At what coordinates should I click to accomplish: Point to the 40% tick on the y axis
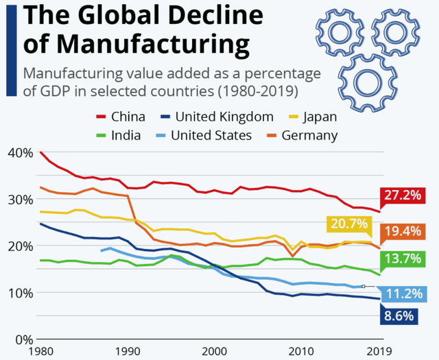(19, 152)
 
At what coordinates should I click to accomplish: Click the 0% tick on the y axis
(23, 339)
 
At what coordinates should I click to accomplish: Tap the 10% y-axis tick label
(19, 293)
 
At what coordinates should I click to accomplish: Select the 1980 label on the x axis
(41, 351)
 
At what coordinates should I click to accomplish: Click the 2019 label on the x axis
(380, 351)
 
